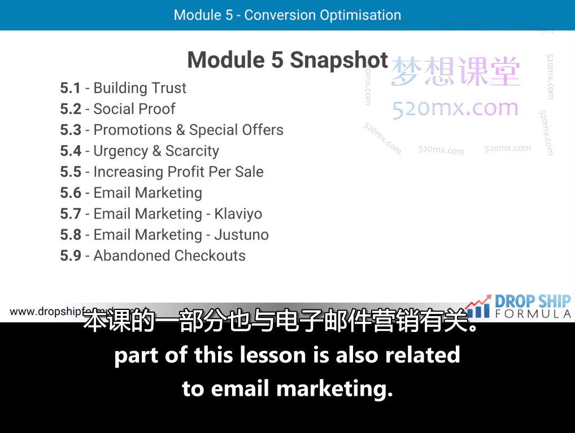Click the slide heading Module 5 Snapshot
pos(287,60)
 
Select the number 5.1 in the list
pos(71,88)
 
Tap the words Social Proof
pos(134,109)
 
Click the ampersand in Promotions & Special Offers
pos(181,130)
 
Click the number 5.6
pos(71,193)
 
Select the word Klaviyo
pos(238,214)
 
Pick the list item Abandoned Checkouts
pos(169,256)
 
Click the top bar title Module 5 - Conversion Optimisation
pos(287,15)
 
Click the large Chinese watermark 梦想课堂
pos(455,72)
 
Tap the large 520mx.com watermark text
pos(455,108)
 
